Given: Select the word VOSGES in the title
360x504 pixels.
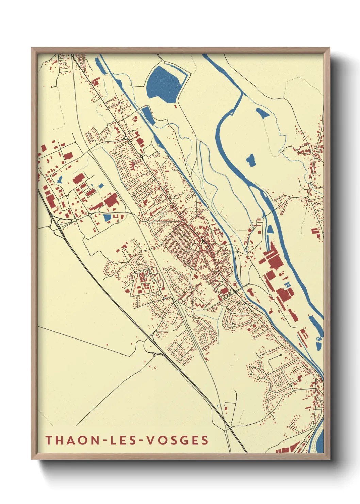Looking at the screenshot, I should point(177,440).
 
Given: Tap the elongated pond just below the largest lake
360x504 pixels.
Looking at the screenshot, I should point(148,114).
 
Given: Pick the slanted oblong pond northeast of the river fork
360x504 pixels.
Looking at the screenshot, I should point(262,113).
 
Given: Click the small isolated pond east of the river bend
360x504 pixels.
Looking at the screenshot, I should point(251,160).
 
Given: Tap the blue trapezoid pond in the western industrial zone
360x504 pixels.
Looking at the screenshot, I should point(107,217).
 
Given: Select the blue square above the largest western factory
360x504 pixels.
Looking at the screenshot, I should point(101,186).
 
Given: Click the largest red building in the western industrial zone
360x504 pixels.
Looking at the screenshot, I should point(111,201).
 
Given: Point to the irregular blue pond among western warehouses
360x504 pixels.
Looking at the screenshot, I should point(60,179).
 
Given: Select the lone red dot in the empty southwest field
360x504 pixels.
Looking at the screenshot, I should point(107,345).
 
